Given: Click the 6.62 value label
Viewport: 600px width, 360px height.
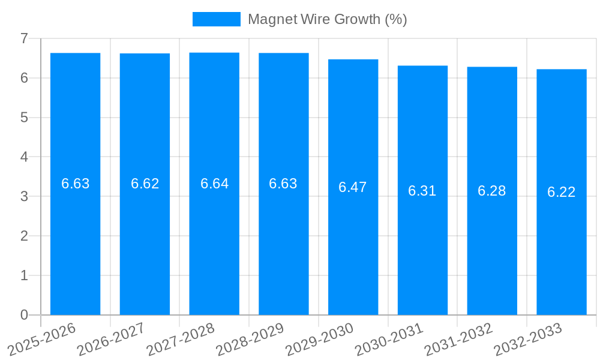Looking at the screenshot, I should click(x=145, y=184).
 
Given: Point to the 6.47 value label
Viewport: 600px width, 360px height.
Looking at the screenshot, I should click(x=353, y=187).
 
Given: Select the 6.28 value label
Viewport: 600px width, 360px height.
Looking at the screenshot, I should click(x=491, y=191).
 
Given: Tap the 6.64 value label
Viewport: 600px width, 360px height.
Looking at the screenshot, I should click(x=214, y=184).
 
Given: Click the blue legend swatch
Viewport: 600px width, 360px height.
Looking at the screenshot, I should click(x=216, y=19).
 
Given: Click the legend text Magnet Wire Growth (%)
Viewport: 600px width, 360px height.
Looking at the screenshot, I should click(x=327, y=19).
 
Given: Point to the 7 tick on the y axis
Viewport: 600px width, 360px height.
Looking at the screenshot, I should click(x=24, y=38).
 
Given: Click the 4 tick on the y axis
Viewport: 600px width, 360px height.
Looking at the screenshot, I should click(x=24, y=157).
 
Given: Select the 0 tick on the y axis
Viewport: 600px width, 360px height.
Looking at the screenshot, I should click(x=24, y=315).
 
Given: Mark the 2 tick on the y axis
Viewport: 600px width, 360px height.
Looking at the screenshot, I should click(x=24, y=236).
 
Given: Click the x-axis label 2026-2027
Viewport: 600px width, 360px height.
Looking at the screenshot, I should click(x=112, y=339).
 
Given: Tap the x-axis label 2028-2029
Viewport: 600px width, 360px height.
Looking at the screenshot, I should click(x=250, y=339).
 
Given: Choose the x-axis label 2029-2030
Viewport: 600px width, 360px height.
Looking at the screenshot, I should click(x=320, y=339).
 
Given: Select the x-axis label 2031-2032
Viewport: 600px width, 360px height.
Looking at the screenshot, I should click(x=459, y=339).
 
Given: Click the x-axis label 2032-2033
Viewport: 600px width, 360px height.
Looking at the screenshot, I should click(x=528, y=339).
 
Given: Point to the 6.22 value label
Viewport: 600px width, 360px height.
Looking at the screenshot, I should click(x=561, y=192).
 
